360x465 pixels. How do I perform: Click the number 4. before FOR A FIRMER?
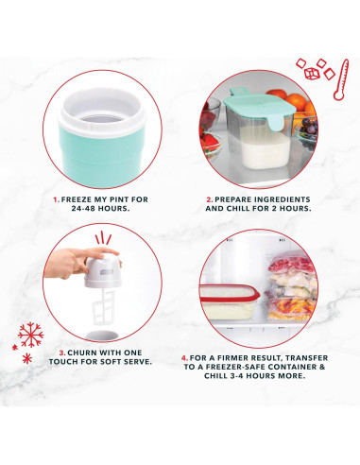tap(184, 358)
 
